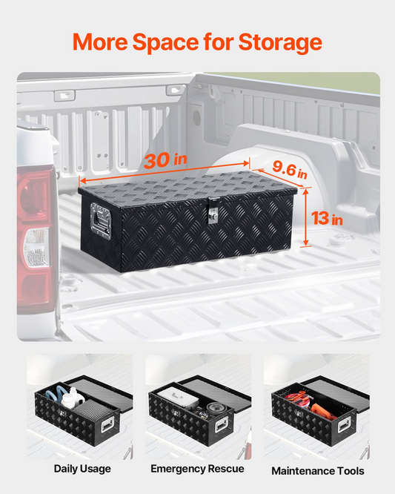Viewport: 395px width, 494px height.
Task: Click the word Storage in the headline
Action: (280, 42)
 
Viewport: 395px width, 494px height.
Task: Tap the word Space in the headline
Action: (165, 42)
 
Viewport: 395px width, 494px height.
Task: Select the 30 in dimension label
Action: (165, 160)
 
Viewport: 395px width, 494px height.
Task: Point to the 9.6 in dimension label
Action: (290, 170)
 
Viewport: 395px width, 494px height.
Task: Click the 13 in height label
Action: (327, 218)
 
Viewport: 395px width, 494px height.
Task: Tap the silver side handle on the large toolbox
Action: (101, 220)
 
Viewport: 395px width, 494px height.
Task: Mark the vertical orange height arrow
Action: (305, 217)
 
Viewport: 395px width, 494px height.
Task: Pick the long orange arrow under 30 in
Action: (165, 172)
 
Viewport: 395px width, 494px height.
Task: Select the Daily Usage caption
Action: (82, 469)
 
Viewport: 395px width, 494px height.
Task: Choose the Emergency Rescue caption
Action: (197, 469)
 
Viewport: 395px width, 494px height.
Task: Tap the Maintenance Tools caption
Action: (318, 471)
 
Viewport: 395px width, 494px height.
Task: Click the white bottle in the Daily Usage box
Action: (73, 398)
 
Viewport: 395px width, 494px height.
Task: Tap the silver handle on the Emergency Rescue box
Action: (222, 425)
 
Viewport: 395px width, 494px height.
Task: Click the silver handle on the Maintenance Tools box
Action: (345, 424)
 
